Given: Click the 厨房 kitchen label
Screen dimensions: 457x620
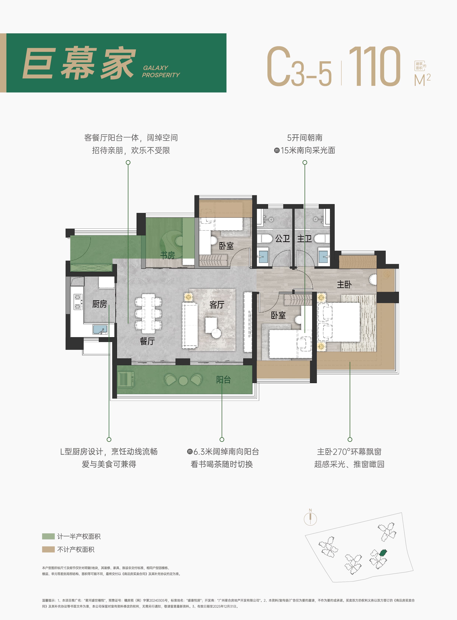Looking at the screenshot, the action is [99, 304].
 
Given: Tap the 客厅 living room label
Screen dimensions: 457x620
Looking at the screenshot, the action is [217, 305].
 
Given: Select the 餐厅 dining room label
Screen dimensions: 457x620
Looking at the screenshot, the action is [147, 341].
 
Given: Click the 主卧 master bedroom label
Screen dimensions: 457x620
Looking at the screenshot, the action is [344, 284].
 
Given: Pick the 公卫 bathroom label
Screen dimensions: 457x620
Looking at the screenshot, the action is [282, 238].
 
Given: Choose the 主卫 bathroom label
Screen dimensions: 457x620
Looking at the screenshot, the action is [304, 238].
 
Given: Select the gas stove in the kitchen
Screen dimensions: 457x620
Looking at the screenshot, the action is [78, 302].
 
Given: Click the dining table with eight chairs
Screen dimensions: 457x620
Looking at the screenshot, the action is [149, 313].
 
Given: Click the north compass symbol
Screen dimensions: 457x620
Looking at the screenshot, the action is [310, 519].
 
